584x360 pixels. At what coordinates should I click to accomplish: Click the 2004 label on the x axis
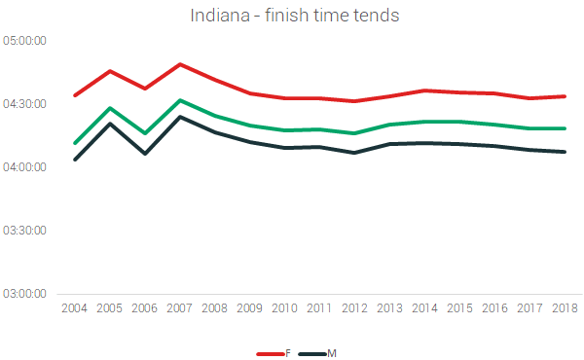point(74,308)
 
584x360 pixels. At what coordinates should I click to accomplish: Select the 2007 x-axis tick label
point(180,308)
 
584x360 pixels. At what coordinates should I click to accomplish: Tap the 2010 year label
point(285,308)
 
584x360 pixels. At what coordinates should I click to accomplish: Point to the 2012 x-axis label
point(355,308)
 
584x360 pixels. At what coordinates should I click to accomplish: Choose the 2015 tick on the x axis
point(460,308)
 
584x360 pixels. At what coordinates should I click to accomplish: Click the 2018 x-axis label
point(566,308)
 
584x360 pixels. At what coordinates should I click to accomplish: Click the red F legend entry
point(274,352)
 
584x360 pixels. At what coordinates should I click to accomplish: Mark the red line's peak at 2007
point(180,64)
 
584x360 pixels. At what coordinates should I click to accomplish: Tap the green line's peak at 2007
point(180,100)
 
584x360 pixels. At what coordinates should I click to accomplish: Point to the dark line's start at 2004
point(74,160)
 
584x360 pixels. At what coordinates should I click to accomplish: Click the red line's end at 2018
point(566,96)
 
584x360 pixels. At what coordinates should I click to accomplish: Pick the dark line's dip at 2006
point(145,154)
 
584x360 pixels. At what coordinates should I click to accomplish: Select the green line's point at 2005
point(110,108)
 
